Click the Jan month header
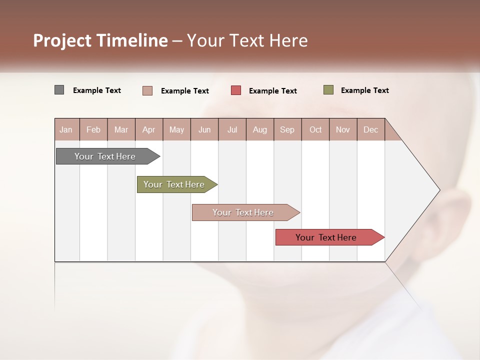click(66, 129)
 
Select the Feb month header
click(93, 129)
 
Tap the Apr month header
click(148, 129)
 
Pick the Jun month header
click(204, 129)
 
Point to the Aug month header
click(259, 129)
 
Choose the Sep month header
click(287, 129)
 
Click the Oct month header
click(315, 129)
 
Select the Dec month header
click(370, 129)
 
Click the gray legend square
click(59, 90)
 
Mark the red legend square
click(236, 90)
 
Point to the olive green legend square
click(328, 90)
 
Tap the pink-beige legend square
click(147, 90)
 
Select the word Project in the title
click(62, 40)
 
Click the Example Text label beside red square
click(272, 91)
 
